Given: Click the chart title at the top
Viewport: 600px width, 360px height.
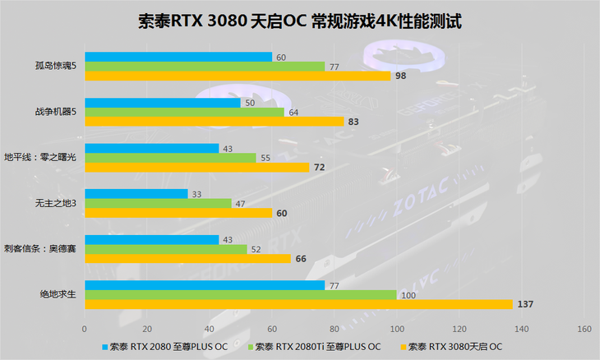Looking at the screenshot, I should point(301,21).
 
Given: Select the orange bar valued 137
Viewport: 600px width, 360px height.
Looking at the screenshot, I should point(298,304).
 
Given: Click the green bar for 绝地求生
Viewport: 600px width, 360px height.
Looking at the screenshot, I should point(240,295).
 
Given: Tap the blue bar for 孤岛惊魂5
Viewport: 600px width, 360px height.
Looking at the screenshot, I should point(178,57).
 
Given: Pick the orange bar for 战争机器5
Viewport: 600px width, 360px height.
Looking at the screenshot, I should point(214,122).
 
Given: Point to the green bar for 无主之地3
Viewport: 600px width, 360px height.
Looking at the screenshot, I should point(158,203).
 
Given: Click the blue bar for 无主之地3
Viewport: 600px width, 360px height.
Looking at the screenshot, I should point(136,194).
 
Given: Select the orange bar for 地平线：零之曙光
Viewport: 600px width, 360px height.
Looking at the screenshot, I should point(196,167).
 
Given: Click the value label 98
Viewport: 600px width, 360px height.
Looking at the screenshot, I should point(401,76).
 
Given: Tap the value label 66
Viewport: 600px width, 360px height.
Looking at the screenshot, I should point(301,259).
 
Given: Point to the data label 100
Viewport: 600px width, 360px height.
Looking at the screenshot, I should point(408,295).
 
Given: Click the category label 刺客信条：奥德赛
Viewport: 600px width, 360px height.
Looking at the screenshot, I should point(40,248).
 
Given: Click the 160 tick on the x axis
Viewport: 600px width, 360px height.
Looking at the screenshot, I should point(584,329).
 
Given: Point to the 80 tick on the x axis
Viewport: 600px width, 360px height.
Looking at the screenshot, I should point(335,329).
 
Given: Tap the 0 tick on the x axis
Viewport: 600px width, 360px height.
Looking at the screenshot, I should point(85,329).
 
